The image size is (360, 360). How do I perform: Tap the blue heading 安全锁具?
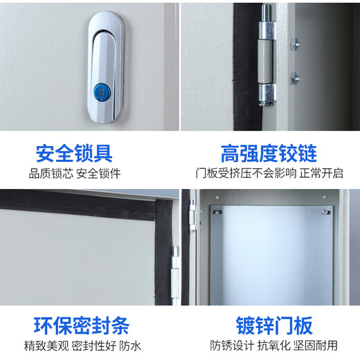tap(74, 152)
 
